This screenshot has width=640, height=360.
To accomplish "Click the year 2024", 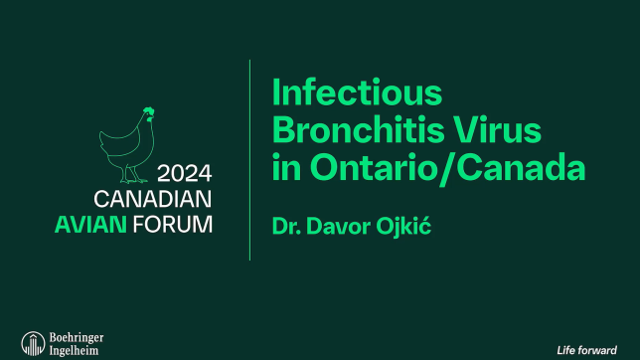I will click(x=185, y=169).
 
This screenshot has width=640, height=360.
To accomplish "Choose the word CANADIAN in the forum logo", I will click(x=153, y=197).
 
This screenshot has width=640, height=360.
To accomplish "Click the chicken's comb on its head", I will click(x=148, y=110).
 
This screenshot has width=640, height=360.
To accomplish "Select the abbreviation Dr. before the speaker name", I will click(x=286, y=226).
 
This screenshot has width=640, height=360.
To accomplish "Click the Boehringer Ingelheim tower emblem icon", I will click(x=32, y=343).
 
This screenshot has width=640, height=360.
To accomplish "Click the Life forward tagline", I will click(x=586, y=349).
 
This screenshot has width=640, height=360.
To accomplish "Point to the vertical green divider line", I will click(x=249, y=159).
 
